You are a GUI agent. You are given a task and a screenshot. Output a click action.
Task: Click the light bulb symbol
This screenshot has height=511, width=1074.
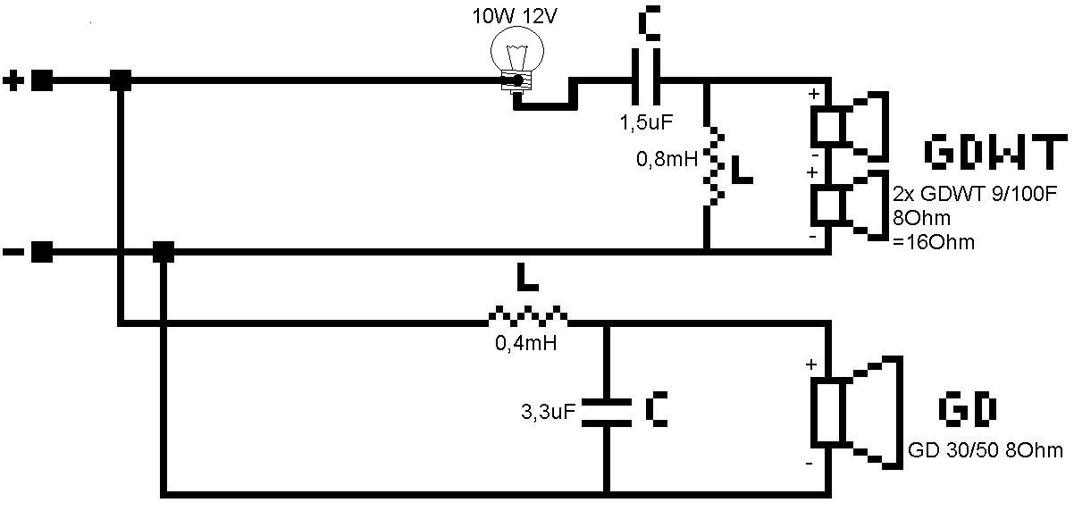click(516, 58)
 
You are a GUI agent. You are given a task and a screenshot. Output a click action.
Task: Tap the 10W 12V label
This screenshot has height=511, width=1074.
click(515, 16)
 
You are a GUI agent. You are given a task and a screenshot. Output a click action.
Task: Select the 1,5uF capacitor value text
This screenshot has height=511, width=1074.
click(646, 122)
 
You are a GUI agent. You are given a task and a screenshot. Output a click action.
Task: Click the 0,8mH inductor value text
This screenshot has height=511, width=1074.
click(667, 159)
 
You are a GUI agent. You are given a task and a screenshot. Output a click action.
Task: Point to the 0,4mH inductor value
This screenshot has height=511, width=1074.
click(526, 343)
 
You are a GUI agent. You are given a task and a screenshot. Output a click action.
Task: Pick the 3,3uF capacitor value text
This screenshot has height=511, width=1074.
click(548, 411)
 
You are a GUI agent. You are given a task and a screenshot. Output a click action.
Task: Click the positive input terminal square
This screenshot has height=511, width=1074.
click(42, 80)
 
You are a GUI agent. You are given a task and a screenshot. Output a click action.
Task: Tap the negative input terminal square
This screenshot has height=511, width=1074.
click(42, 252)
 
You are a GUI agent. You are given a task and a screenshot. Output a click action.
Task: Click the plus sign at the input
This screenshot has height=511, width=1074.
click(13, 80)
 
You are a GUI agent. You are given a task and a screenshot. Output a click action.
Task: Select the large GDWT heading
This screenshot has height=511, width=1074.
click(996, 152)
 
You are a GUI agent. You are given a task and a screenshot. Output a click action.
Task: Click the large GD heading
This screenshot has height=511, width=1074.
click(967, 409)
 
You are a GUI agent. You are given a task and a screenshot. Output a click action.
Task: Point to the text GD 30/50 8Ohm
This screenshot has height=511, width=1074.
click(986, 450)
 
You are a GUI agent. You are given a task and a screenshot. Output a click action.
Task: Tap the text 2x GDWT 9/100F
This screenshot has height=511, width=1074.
click(975, 194)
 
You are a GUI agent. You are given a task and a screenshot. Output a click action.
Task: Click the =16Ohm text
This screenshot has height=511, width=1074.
click(934, 242)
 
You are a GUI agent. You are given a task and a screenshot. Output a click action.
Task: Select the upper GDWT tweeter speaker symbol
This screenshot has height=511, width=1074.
click(850, 127)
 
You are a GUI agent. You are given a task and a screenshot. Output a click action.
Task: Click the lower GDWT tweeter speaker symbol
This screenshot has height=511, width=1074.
click(850, 205)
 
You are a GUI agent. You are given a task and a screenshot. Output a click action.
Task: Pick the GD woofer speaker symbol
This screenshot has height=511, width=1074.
click(857, 412)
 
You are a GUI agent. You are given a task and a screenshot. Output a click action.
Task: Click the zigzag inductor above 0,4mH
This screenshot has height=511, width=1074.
click(527, 315)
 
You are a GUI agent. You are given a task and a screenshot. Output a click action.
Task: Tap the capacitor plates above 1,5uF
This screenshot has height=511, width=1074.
click(646, 77)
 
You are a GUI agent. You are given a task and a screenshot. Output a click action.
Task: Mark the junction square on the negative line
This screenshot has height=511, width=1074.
click(163, 252)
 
